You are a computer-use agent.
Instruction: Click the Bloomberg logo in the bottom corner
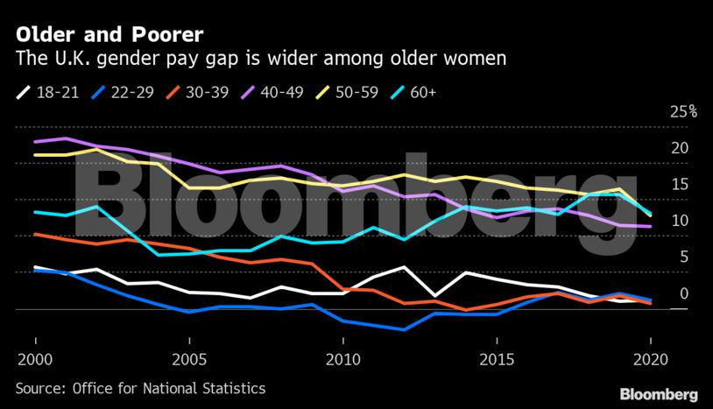659,394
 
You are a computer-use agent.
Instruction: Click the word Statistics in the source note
231,387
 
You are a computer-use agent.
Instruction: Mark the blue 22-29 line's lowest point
403,330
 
